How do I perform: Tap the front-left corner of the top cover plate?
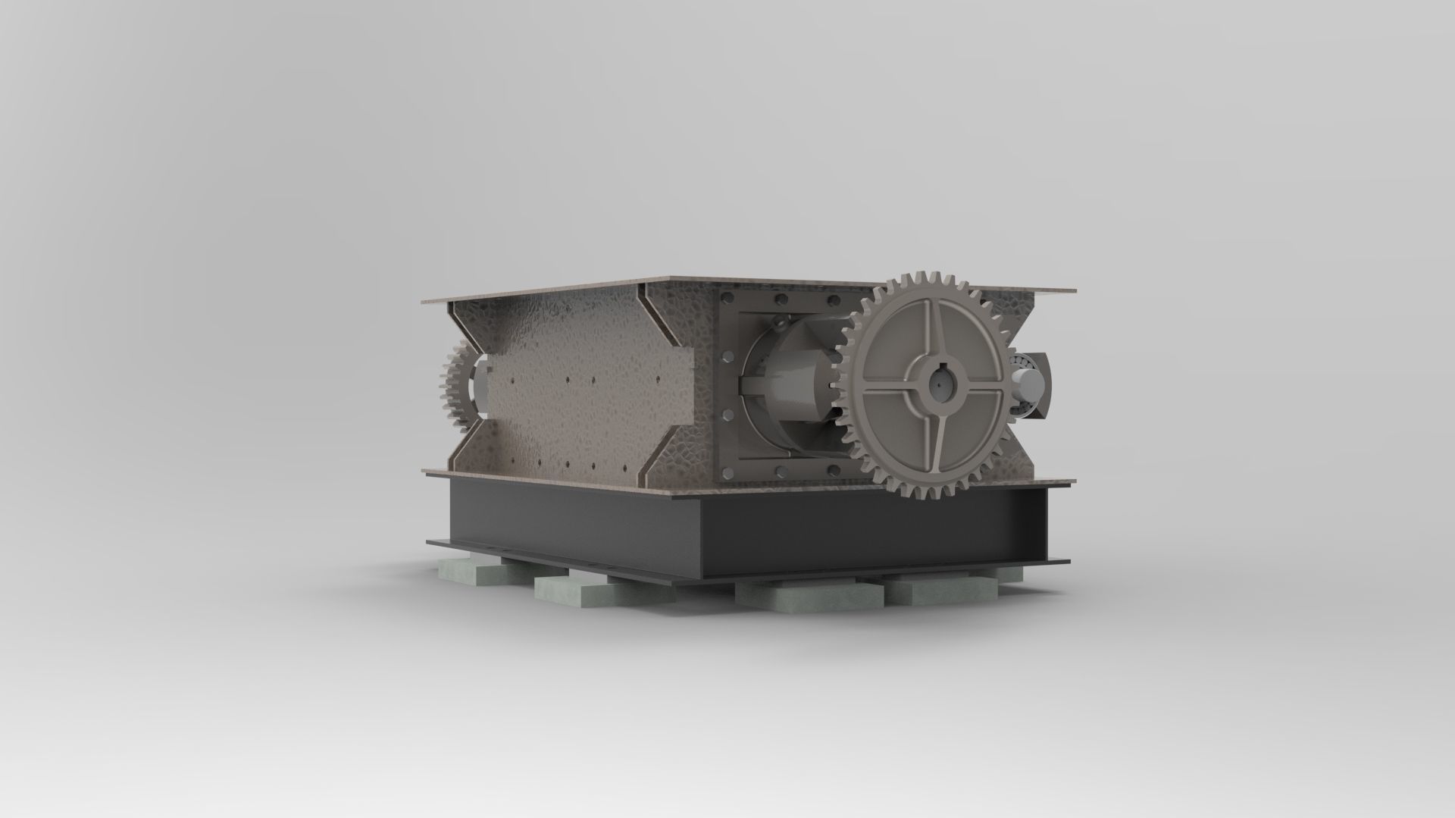pos(424,302)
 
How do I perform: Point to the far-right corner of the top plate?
pos(1073,289)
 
